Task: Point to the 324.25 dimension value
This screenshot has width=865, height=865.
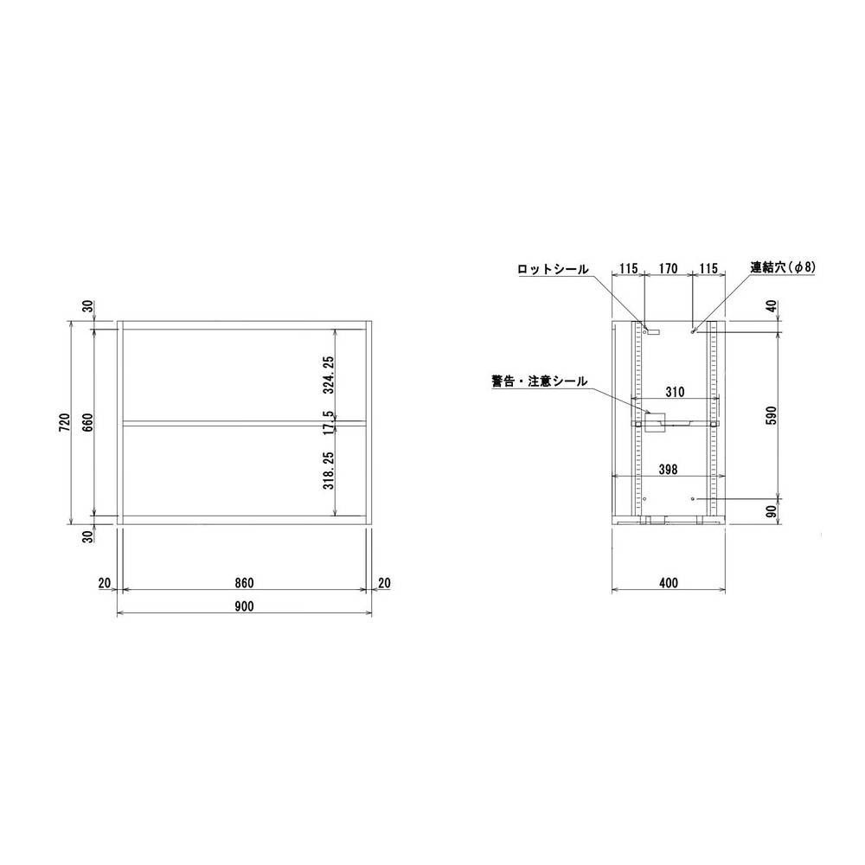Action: click(329, 374)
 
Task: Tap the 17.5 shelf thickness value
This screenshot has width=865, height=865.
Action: click(329, 423)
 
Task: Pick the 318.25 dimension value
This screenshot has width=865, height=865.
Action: click(329, 471)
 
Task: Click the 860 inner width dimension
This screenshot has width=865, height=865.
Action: click(244, 583)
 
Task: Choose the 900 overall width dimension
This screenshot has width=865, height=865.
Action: click(244, 606)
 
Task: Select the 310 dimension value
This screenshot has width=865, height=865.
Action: click(675, 392)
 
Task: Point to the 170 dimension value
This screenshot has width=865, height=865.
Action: click(666, 269)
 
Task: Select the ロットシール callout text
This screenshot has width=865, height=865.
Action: click(553, 269)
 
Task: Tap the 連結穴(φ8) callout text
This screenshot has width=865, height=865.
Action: click(782, 268)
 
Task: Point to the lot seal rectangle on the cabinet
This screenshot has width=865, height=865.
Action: click(651, 330)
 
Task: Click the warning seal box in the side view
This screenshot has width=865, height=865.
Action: click(652, 420)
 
